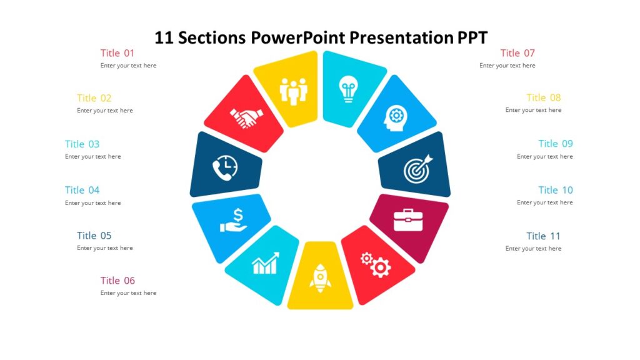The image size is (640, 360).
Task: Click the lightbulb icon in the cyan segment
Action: pos(347,89)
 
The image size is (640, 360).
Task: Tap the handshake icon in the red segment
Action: pos(246,117)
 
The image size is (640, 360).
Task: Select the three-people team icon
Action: pos(294,91)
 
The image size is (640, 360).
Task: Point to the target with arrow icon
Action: pos(417,169)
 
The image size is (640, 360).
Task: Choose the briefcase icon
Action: pos(408,219)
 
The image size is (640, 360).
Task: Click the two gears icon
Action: pos(376,264)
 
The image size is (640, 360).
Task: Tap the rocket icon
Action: pos(320,278)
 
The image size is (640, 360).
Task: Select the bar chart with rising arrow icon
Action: pos(265,264)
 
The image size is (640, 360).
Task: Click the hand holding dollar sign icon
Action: pos(233,220)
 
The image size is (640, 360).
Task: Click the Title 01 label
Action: pos(117,53)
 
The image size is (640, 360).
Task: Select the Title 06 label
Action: pos(117,281)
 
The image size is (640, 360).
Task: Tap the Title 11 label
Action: pos(543,236)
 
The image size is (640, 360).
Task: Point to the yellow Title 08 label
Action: pos(543,97)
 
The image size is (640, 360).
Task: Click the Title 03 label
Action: pos(82,144)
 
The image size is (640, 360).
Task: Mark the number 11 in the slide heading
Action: pos(164,37)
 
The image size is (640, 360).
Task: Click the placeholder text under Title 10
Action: pos(544,202)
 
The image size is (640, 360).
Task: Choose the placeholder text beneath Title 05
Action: pos(104,248)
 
